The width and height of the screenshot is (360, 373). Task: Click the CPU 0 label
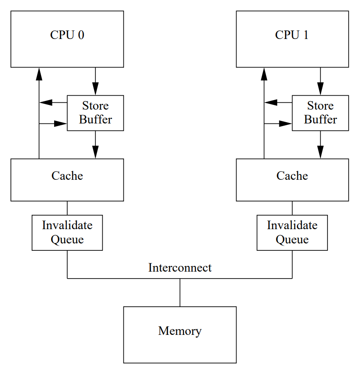click(x=67, y=35)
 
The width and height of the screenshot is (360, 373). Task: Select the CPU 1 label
click(x=292, y=35)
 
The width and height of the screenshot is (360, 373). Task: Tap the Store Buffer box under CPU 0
click(x=95, y=113)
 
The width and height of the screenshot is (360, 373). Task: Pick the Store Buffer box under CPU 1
click(x=320, y=113)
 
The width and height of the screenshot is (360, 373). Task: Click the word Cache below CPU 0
click(x=67, y=176)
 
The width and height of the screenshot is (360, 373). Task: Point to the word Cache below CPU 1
click(x=292, y=176)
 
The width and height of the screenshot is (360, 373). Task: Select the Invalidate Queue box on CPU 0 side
click(x=67, y=233)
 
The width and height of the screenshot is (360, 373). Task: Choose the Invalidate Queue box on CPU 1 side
click(x=292, y=233)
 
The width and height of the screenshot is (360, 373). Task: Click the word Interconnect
click(x=180, y=268)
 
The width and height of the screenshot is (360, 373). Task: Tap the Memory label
click(x=180, y=331)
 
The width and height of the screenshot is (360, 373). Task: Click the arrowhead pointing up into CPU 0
click(x=39, y=74)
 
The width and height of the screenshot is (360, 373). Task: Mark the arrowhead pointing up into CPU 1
click(x=264, y=74)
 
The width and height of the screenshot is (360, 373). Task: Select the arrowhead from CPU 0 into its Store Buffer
click(x=95, y=89)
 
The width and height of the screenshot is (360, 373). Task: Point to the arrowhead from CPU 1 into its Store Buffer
click(x=320, y=89)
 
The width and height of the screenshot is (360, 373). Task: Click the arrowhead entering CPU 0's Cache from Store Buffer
click(x=95, y=152)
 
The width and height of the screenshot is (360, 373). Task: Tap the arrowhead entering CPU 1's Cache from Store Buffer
click(x=320, y=152)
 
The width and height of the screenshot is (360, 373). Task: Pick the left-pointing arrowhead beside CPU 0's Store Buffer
click(x=46, y=103)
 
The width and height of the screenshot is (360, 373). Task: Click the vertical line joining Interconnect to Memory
click(x=180, y=292)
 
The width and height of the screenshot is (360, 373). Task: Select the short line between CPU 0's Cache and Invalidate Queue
click(x=67, y=208)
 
